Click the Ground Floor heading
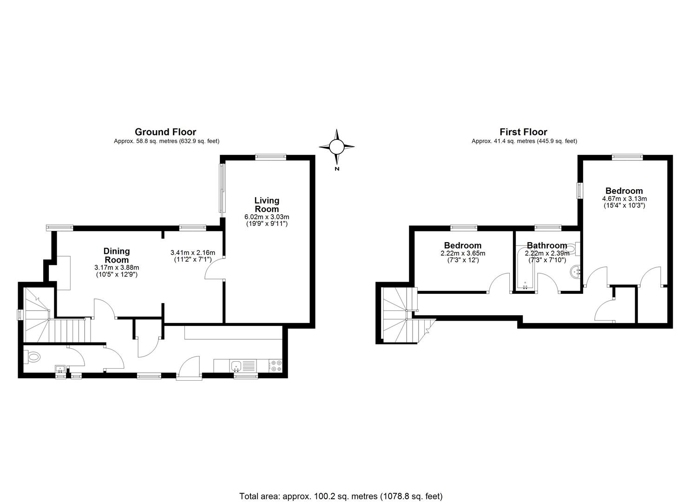(165, 132)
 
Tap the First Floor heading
(523, 132)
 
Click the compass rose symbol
(336, 147)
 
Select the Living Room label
(267, 205)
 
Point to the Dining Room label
(117, 255)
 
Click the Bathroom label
(547, 245)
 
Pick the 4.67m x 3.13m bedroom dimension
(624, 199)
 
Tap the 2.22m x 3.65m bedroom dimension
(463, 253)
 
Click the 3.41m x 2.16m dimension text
(193, 253)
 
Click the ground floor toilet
(32, 357)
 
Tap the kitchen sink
(236, 366)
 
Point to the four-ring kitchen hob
(275, 366)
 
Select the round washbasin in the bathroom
(575, 272)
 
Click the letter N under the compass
(337, 169)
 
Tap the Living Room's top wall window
(271, 158)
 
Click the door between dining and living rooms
(215, 268)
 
